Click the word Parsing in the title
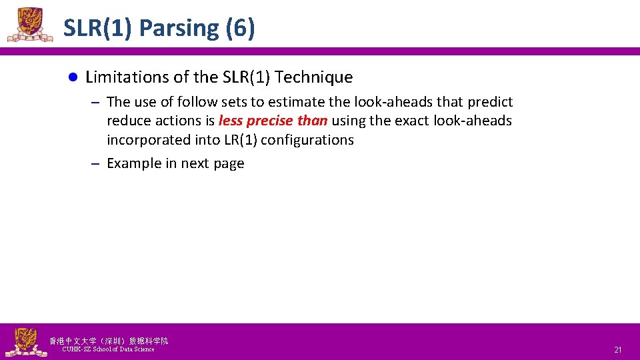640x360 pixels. pos(179,28)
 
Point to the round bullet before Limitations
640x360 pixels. pos(74,77)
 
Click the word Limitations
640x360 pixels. pos(127,77)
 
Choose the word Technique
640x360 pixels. pos(313,77)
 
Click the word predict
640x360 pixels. pos(490,102)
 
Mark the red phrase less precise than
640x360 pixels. pos(273,121)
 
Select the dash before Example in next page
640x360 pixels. pos(95,163)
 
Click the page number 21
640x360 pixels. pos(617,349)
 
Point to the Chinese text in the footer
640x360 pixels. pos(109,341)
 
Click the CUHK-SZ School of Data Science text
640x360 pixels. pos(108,349)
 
